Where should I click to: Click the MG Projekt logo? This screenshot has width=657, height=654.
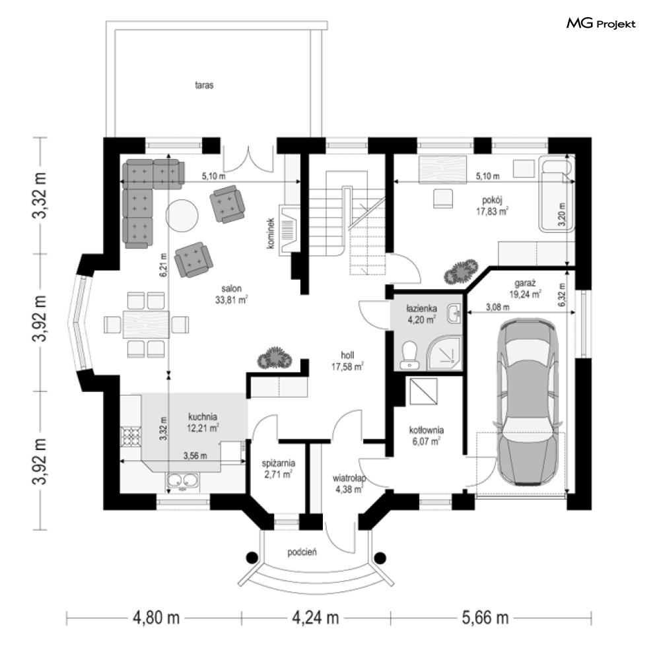point(601,24)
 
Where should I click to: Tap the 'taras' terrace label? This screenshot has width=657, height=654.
point(204,85)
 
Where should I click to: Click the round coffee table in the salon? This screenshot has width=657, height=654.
point(182,214)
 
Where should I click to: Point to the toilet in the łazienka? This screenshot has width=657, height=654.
point(409,355)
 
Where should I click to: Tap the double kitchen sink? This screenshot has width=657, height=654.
point(182,482)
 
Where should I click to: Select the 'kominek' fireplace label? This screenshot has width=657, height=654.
point(271,233)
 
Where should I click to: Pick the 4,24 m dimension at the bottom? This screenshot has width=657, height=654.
point(315,618)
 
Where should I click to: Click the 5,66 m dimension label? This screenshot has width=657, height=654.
point(485,618)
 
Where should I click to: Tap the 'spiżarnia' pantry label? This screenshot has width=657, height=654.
point(279,463)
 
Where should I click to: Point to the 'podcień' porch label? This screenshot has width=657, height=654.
point(302,552)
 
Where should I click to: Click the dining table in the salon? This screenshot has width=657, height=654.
point(146,324)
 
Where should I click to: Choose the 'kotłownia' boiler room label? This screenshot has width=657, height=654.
point(427,430)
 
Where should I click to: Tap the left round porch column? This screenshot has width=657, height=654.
point(252,558)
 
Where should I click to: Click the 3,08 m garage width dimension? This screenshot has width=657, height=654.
point(498,308)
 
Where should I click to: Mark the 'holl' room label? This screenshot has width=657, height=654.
point(347,355)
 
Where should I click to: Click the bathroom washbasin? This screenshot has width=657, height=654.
point(454,314)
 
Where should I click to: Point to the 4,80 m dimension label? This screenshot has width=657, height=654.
point(156,618)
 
